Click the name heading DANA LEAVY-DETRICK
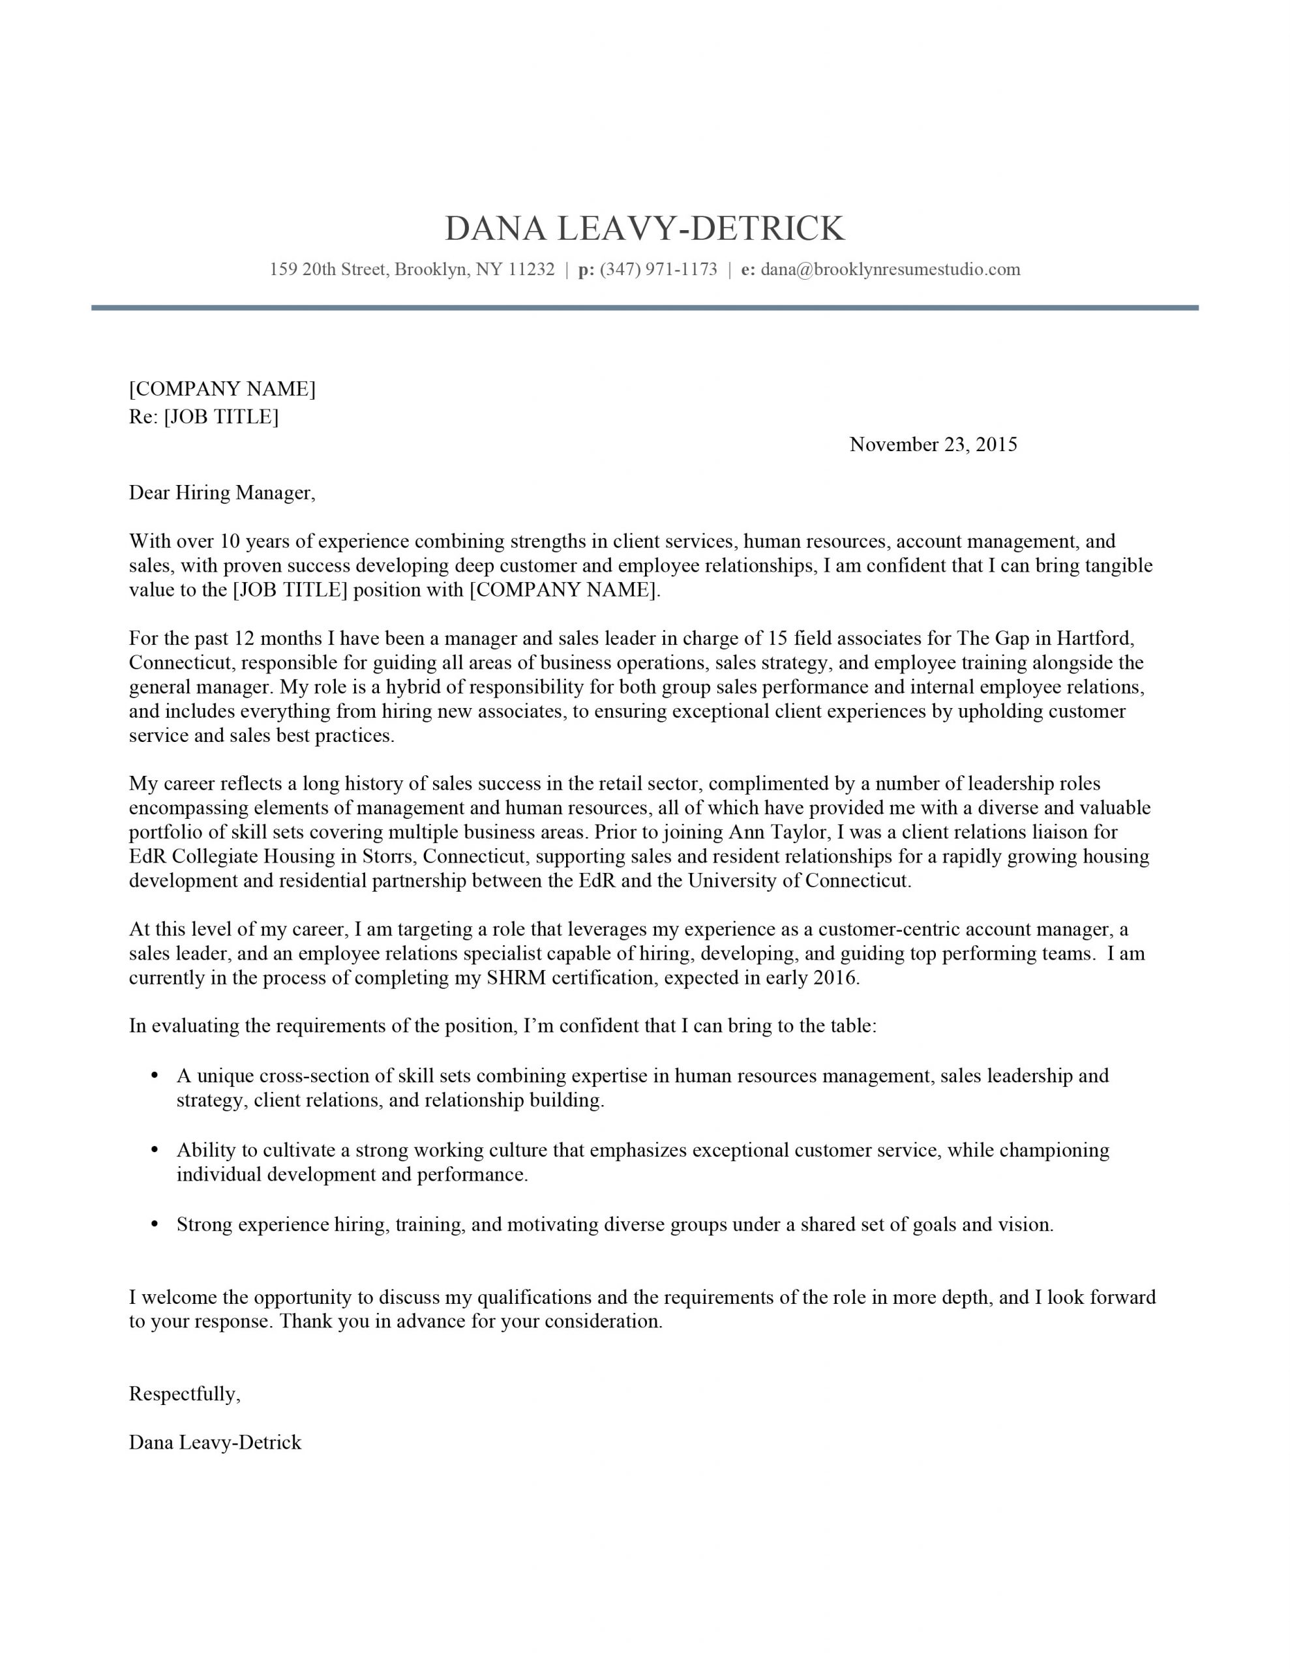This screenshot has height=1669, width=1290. (x=644, y=228)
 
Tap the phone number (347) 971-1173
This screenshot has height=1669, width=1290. (x=659, y=269)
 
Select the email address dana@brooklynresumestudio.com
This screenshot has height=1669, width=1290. (x=890, y=269)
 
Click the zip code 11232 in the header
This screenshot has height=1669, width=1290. (x=531, y=269)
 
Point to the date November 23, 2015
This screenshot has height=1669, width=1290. (x=933, y=445)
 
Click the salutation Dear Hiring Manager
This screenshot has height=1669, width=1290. (x=221, y=493)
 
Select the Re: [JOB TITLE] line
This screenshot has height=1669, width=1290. (x=203, y=417)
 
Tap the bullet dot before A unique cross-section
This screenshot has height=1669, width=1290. (x=155, y=1076)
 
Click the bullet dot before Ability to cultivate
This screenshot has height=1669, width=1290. (x=155, y=1150)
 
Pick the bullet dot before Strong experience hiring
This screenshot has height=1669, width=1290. (x=155, y=1224)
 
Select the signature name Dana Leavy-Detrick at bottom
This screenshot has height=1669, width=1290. (x=215, y=1443)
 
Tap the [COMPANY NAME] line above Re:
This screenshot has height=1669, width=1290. (x=222, y=389)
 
